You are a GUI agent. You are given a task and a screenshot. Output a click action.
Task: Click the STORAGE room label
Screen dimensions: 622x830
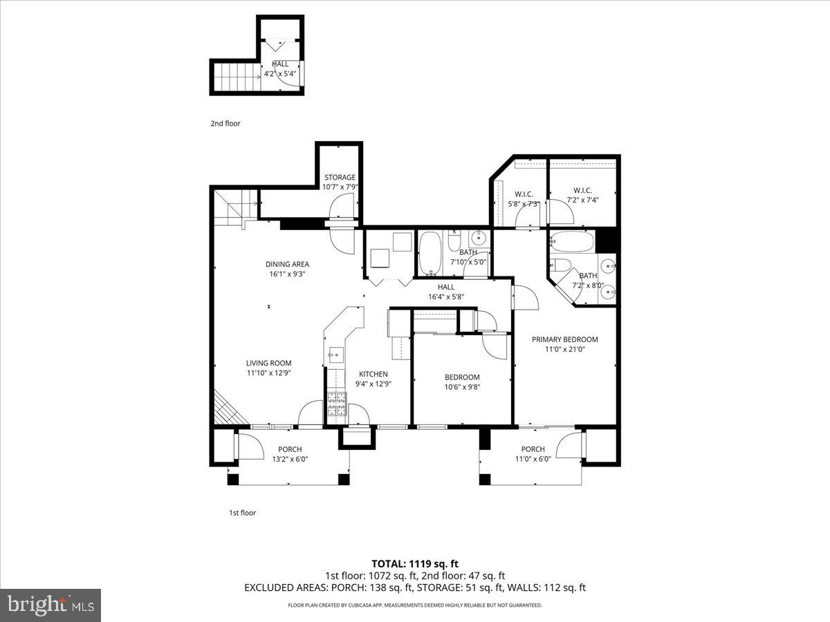pos(340,178)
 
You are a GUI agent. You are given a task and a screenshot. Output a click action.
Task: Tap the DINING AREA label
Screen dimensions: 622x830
pos(287,264)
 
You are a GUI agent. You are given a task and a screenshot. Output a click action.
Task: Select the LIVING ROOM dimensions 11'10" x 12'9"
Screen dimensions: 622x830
pos(269,373)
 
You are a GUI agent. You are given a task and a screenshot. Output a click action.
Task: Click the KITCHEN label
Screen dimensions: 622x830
pos(372,374)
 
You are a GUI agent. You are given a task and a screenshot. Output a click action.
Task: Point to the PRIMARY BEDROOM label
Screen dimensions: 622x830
pos(564,339)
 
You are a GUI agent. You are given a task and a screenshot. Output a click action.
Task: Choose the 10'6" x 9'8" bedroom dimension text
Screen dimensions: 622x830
pos(462,387)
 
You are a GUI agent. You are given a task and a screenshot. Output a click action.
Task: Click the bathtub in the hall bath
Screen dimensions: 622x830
pos(430,253)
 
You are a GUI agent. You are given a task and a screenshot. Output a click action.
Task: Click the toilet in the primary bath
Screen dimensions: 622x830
pos(560,266)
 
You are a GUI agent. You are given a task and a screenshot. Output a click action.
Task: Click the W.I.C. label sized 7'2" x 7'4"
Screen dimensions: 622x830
pos(582,191)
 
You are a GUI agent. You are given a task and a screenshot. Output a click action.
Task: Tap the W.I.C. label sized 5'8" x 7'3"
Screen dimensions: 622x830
pos(523,194)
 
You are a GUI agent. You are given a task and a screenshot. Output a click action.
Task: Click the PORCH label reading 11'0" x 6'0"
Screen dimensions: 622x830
pos(533,449)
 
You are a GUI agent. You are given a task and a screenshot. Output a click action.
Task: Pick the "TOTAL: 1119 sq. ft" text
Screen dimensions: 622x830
pos(415,563)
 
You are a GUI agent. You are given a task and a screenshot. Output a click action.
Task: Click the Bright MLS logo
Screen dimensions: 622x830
pos(50,605)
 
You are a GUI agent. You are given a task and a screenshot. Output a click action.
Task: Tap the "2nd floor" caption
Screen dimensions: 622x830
pos(225,124)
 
